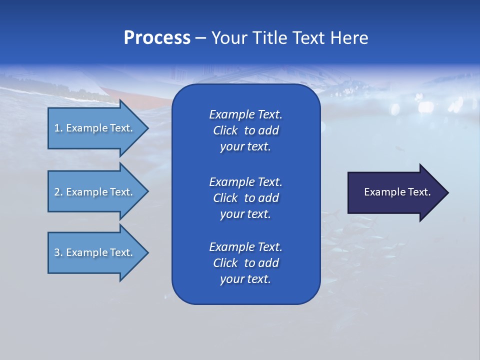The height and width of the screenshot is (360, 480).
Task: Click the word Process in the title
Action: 157,38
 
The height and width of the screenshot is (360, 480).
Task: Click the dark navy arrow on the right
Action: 395,192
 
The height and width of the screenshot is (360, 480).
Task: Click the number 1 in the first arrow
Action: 57,128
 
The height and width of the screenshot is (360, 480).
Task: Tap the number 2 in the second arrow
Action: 57,192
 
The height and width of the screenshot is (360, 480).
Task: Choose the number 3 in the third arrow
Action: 57,252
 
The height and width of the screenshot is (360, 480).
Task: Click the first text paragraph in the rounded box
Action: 245,130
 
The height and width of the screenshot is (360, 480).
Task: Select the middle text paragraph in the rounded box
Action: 245,197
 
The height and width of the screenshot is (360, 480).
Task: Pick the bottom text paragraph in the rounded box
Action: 245,263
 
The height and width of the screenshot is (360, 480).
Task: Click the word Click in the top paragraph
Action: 225,130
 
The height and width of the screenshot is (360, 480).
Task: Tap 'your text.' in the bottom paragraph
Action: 245,279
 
